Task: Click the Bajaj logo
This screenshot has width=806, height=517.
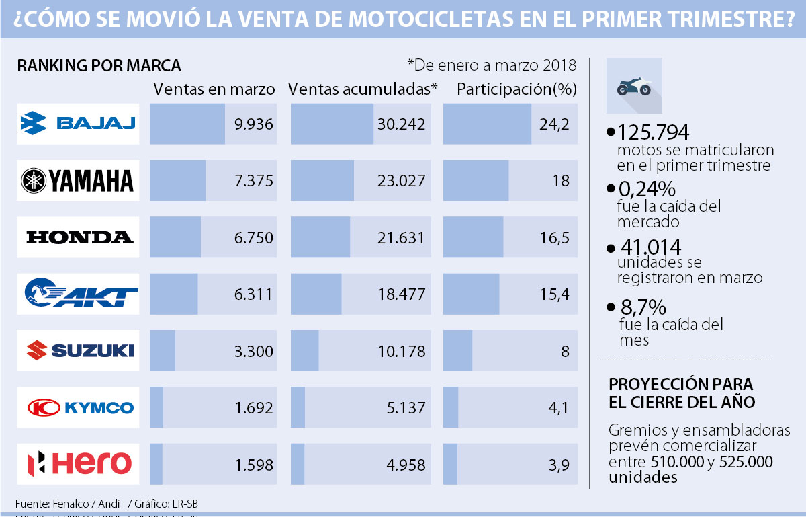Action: pyautogui.click(x=78, y=124)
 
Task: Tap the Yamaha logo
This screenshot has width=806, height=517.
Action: pyautogui.click(x=78, y=180)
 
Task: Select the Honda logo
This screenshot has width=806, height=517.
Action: pyautogui.click(x=78, y=237)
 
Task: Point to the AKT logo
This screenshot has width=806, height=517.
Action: pyautogui.click(x=78, y=294)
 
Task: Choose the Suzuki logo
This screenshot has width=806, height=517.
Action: pyautogui.click(x=78, y=350)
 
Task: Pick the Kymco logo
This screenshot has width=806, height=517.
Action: pyautogui.click(x=78, y=407)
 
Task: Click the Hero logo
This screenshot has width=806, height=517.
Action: pyautogui.click(x=78, y=463)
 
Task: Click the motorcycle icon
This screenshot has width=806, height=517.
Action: pyautogui.click(x=634, y=86)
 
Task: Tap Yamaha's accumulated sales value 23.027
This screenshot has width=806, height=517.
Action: pyautogui.click(x=400, y=180)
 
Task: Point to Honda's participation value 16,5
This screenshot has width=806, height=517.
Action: pyautogui.click(x=555, y=237)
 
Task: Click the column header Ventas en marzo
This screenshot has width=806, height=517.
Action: pyautogui.click(x=214, y=89)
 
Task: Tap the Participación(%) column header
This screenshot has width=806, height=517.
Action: pyautogui.click(x=517, y=89)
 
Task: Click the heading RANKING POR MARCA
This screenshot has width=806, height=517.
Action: pyautogui.click(x=99, y=66)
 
